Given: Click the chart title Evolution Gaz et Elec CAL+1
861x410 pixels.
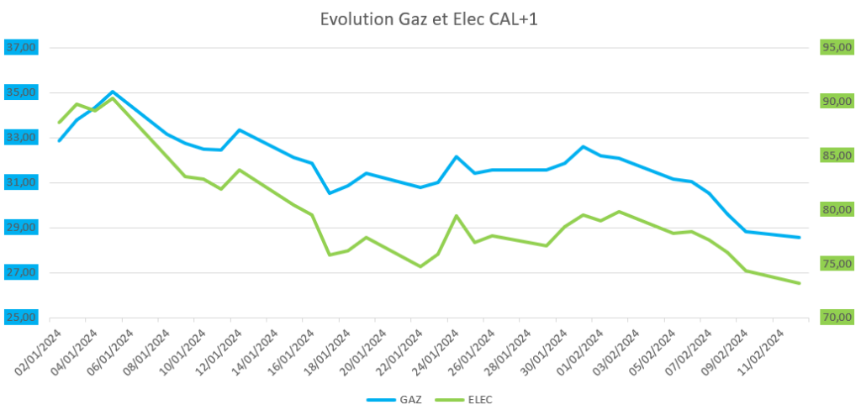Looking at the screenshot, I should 429,19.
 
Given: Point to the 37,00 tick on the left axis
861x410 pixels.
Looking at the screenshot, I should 20,48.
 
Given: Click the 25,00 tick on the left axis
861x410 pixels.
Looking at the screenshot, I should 20,318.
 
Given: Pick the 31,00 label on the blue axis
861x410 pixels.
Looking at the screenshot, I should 20,182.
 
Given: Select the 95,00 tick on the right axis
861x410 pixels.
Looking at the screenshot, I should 837,48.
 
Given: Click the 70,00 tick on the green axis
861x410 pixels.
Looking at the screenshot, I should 837,318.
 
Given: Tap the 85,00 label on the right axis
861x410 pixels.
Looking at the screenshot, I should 837,155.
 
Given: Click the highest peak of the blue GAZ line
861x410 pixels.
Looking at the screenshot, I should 113,92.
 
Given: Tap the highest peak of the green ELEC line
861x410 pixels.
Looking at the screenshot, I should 113,98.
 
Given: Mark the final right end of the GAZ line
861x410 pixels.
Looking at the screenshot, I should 799,238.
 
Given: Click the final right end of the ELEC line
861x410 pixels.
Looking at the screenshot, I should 799,283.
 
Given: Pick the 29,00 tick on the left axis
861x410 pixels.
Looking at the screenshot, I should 20,228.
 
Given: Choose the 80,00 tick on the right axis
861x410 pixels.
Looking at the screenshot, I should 837,209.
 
